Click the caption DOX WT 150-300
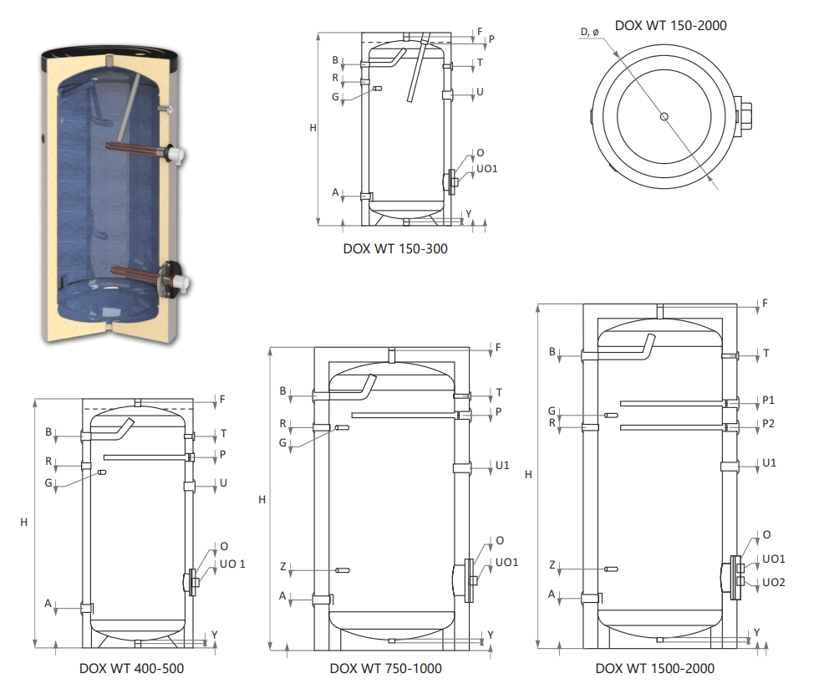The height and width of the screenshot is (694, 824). [x=395, y=248]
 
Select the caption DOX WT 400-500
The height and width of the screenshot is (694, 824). [x=131, y=668]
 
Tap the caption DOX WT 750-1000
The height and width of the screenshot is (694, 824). [x=386, y=668]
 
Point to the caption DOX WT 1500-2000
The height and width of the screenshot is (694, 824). [x=655, y=668]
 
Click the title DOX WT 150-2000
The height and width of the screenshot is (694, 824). [x=670, y=25]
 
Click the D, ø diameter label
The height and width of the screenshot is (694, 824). [x=590, y=32]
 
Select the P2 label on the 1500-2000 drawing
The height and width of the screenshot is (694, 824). [x=768, y=423]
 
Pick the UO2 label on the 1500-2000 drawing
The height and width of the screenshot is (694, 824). [x=774, y=582]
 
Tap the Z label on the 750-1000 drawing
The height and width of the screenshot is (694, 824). [x=282, y=566]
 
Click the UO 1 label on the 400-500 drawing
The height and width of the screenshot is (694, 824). [x=232, y=564]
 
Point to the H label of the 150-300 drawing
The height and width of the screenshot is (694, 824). [x=313, y=128]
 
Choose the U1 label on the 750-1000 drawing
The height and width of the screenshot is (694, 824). [x=502, y=465]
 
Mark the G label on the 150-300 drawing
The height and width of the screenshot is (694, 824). [x=335, y=97]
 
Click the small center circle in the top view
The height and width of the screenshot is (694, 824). [x=664, y=117]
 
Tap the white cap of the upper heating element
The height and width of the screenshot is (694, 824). [x=176, y=154]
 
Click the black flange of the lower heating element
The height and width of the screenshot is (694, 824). [x=169, y=279]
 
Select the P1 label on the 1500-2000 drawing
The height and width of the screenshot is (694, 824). [x=768, y=401]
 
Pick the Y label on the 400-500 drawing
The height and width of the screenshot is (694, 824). [x=215, y=635]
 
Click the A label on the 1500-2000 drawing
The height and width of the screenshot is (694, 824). [x=552, y=594]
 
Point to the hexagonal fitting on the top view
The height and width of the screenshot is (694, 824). [x=743, y=117]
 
